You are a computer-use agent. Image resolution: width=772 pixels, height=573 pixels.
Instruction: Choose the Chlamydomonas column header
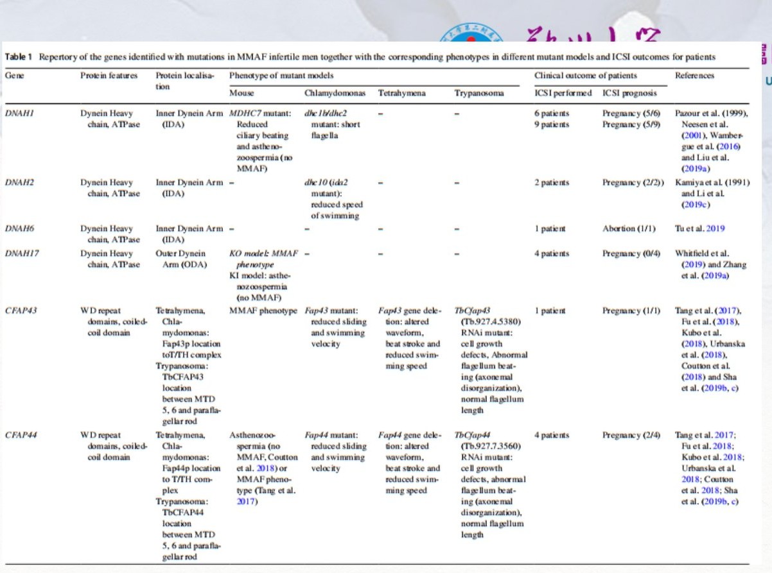coord(335,93)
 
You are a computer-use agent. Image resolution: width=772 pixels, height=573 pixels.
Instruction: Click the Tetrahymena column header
coord(401,93)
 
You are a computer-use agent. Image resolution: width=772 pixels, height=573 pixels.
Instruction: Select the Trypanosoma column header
coord(479,93)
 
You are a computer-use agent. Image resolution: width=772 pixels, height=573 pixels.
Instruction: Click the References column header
coord(694,76)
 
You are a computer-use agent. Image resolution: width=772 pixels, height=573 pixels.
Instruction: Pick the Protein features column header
coord(109,76)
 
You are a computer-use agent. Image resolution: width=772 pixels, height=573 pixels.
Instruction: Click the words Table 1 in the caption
coord(18,57)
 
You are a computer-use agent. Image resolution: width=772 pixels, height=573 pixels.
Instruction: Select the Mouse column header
coord(241,93)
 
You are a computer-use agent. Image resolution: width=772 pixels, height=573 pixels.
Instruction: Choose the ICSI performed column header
coord(563,93)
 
